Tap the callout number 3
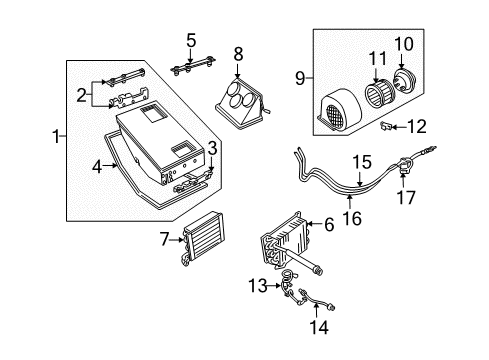click(213, 149)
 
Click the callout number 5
click(190, 41)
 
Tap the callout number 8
click(238, 52)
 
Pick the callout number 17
click(405, 197)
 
